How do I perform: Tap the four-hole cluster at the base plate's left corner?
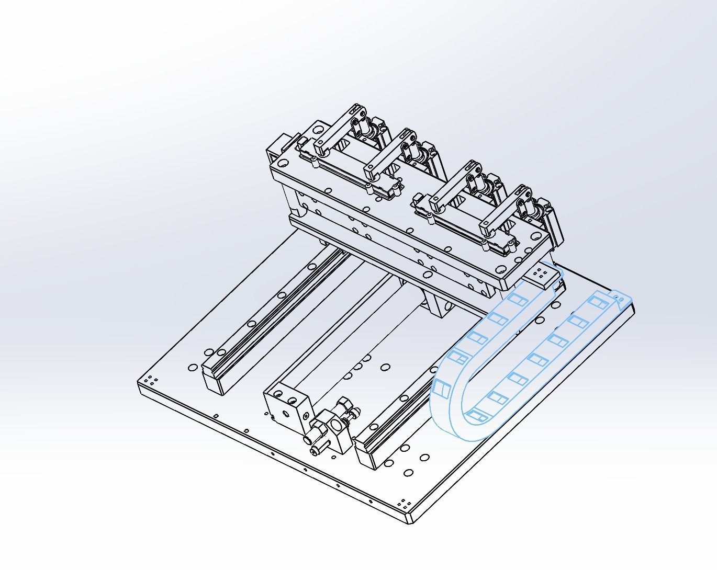tap(150, 380)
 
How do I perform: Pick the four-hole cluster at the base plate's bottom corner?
tap(404, 505)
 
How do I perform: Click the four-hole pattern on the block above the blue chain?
tap(540, 273)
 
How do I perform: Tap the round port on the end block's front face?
tap(285, 413)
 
